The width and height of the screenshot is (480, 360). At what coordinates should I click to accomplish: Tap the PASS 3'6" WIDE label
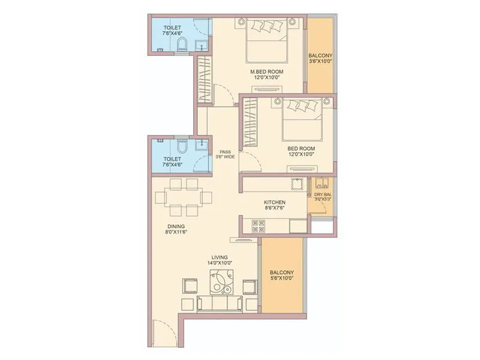click(225, 154)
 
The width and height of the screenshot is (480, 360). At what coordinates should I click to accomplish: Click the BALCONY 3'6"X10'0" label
click(320, 58)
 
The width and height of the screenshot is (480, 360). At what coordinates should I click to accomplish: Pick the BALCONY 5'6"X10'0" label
click(281, 276)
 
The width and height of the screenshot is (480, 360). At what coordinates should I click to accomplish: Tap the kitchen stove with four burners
click(259, 226)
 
